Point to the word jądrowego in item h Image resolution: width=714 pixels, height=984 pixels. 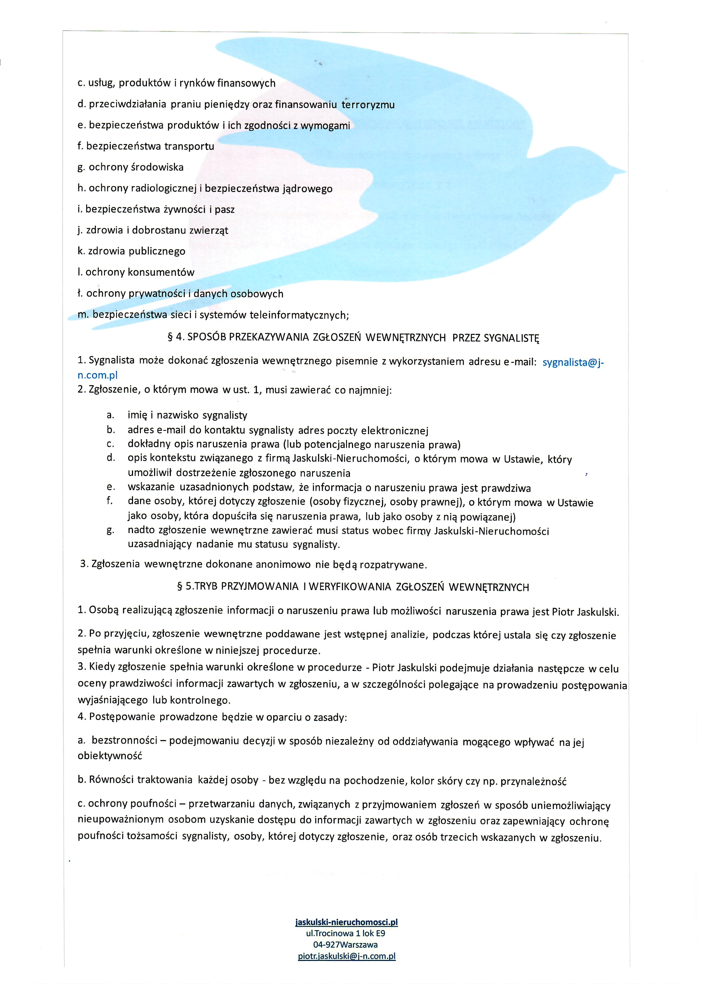coord(307,188)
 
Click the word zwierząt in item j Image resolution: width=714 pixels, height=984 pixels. coord(209,230)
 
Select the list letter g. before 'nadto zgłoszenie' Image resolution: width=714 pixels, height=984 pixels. coord(110,530)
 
